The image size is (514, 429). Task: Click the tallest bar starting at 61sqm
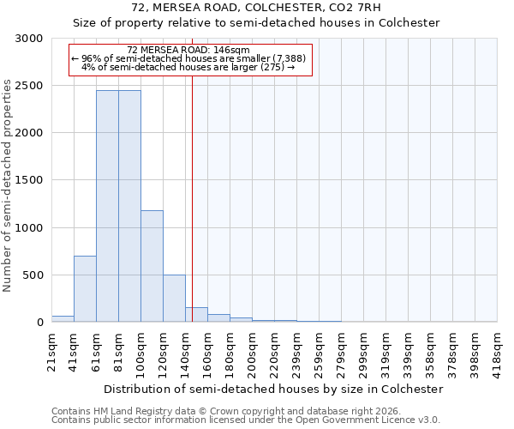[107, 206]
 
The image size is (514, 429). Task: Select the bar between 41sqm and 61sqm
[85, 288]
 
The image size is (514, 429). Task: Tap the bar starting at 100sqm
[152, 266]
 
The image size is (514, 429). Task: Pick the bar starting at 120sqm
[174, 298]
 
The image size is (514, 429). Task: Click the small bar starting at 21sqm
[63, 318]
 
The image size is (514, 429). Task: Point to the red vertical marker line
[193, 197]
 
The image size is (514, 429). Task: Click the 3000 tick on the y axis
[29, 39]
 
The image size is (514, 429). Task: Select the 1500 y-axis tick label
[29, 181]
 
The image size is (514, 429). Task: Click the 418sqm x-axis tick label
[498, 351]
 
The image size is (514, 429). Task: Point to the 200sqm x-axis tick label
[253, 351]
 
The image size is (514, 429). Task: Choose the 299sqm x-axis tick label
[364, 351]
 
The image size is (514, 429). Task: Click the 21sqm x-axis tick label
[52, 349]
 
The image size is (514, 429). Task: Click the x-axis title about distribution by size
[274, 389]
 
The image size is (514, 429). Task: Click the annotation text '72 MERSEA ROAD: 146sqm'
[188, 51]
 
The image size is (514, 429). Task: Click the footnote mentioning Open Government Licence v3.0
[245, 420]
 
